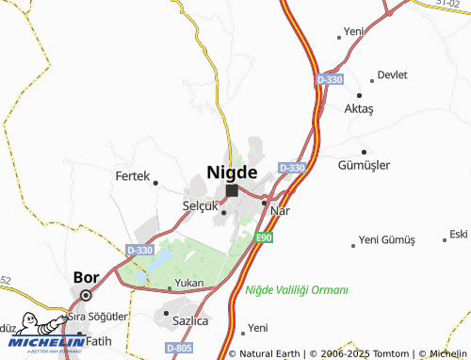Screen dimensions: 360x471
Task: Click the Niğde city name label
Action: click(231, 172)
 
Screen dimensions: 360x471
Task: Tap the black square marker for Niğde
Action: click(232, 190)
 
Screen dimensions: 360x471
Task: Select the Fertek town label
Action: click(132, 176)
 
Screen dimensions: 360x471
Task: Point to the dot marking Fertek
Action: click(155, 183)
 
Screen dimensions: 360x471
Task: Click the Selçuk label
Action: click(200, 205)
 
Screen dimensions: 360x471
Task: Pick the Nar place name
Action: click(280, 210)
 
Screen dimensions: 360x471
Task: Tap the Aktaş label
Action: click(359, 109)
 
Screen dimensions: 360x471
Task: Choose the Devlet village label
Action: click(392, 75)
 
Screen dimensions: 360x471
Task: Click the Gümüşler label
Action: click(364, 165)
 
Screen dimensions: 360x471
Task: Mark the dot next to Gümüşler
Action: click(364, 152)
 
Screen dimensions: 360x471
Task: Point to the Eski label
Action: click(459, 234)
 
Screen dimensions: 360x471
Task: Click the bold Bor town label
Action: click(86, 278)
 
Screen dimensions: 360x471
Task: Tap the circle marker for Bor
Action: click(86, 295)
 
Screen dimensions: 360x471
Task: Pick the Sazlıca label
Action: click(191, 320)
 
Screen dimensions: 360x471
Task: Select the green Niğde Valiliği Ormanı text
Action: click(297, 290)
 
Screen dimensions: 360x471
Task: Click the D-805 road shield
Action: click(179, 349)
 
